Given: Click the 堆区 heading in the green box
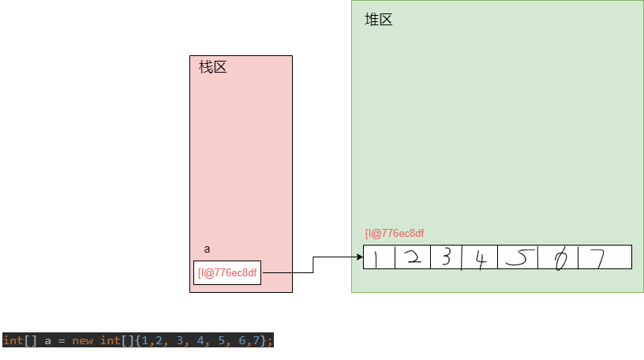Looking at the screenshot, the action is [x=378, y=20].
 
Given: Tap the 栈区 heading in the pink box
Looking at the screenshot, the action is [x=212, y=67].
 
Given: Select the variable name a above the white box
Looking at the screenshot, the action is [x=207, y=249].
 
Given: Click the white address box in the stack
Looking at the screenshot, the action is [x=227, y=272].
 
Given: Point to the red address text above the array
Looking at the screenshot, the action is [x=395, y=233].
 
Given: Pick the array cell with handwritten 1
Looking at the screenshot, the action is [x=377, y=257].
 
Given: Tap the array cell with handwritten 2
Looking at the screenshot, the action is [x=412, y=257].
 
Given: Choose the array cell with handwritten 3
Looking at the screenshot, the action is [x=446, y=257].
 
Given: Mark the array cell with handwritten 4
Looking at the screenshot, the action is [x=479, y=257].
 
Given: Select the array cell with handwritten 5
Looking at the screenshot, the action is [x=517, y=257].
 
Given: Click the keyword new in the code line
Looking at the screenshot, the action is [x=82, y=340].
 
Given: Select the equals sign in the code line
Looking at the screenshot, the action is [x=59, y=340].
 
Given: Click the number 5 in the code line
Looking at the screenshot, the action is [x=221, y=340].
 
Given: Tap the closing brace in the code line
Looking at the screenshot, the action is [x=264, y=340].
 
